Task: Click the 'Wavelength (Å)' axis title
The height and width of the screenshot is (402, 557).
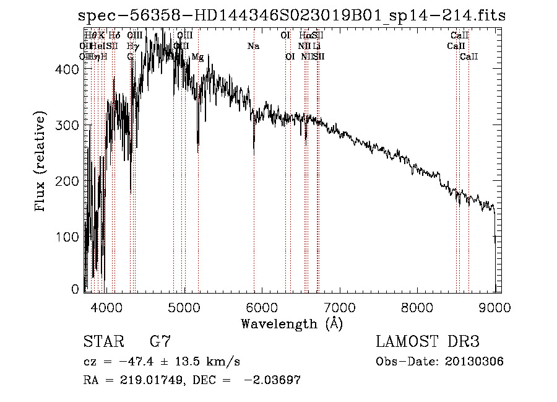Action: tap(291, 323)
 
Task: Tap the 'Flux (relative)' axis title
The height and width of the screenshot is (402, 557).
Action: tap(41, 162)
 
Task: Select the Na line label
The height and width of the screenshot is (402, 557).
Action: tap(253, 46)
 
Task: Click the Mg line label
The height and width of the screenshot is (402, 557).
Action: tap(197, 57)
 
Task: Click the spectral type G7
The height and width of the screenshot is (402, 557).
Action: tap(160, 342)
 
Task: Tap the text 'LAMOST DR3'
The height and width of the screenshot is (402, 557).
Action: tap(428, 342)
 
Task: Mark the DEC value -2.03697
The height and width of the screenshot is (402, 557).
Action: tap(272, 380)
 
